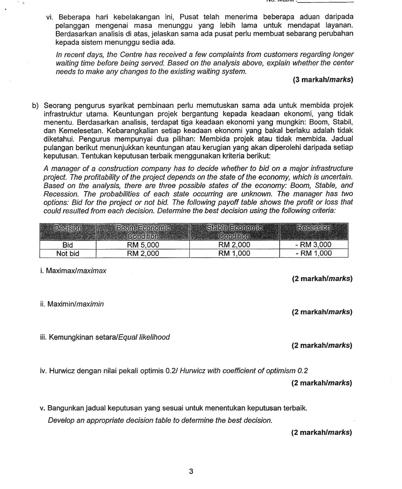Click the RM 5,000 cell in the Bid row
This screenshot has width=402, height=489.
(x=143, y=245)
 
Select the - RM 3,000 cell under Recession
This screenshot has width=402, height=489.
(x=314, y=245)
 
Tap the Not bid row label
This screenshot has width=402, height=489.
(x=68, y=254)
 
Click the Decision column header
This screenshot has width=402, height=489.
(x=68, y=228)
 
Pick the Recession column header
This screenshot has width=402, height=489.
(x=314, y=228)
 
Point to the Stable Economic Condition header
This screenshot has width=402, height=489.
(x=234, y=232)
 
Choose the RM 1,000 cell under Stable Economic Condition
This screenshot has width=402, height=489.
(x=234, y=253)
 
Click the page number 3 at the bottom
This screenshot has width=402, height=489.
(x=191, y=471)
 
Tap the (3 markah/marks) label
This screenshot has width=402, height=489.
(x=323, y=80)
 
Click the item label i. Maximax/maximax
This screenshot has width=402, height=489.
(x=73, y=271)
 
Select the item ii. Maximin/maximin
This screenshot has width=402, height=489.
(x=72, y=304)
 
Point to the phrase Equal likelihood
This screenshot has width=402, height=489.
(x=144, y=337)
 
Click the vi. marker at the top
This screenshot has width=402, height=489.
(x=49, y=17)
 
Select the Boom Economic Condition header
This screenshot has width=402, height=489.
(x=143, y=232)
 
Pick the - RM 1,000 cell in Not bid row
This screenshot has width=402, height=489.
(x=314, y=253)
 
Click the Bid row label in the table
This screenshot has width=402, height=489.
(x=68, y=245)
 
